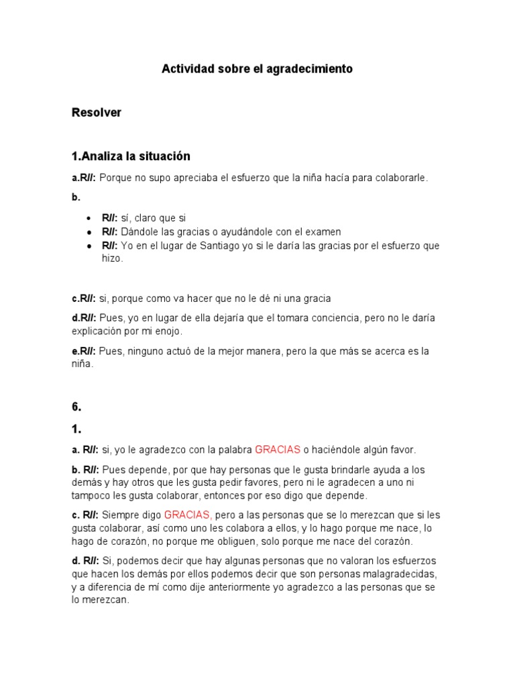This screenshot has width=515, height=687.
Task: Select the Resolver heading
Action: click(x=97, y=113)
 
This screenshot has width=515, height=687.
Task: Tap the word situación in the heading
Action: click(x=166, y=156)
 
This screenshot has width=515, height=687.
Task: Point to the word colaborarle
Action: click(x=400, y=178)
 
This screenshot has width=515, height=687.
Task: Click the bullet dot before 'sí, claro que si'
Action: click(x=89, y=219)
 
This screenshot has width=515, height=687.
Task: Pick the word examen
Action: click(x=324, y=231)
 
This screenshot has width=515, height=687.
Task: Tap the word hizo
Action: click(x=112, y=258)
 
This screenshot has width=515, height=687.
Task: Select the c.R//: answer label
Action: click(x=84, y=299)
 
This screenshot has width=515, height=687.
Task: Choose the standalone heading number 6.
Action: click(x=76, y=407)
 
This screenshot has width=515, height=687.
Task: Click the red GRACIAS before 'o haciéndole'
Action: click(x=278, y=450)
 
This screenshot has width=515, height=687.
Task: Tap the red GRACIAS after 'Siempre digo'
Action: click(x=188, y=515)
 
